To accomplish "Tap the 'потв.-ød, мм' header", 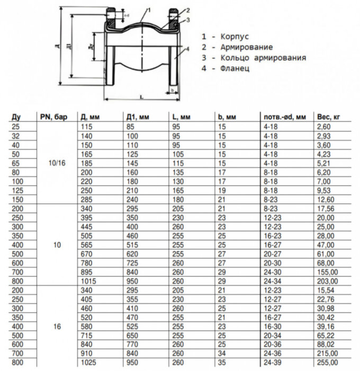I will [282, 117].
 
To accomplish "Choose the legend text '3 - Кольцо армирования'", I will [254, 58].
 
